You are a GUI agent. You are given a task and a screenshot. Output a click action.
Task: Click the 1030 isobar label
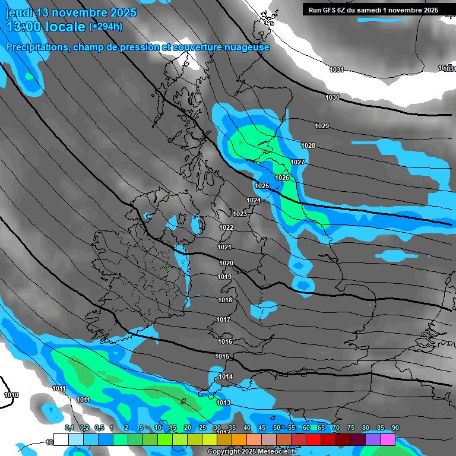pos(332,97)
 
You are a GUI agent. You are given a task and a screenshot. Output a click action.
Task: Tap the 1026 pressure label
pos(282,178)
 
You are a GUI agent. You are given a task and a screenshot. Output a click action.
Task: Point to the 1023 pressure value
pos(240,214)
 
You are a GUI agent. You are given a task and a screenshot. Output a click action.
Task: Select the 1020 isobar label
pos(226,263)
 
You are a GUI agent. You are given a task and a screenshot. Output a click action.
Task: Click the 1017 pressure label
pos(224,320)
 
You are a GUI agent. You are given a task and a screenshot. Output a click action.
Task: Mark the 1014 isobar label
pos(226,377)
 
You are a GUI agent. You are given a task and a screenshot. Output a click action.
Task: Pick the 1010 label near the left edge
pos(11,395)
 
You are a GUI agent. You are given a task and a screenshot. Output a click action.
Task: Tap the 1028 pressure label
pos(308,146)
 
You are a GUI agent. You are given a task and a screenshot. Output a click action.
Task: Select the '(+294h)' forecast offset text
pos(107,27)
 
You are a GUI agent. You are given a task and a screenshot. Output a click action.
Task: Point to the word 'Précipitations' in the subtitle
pos(36,47)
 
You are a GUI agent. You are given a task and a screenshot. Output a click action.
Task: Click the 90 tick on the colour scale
pos(395,427)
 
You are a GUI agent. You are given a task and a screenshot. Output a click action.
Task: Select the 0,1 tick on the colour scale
pos(69,427)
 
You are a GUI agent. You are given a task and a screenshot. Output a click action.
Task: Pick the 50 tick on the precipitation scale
pos(277,427)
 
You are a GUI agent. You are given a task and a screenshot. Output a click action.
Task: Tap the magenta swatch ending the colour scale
pos(388,439)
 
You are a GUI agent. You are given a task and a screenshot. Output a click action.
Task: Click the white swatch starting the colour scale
pos(61,439)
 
